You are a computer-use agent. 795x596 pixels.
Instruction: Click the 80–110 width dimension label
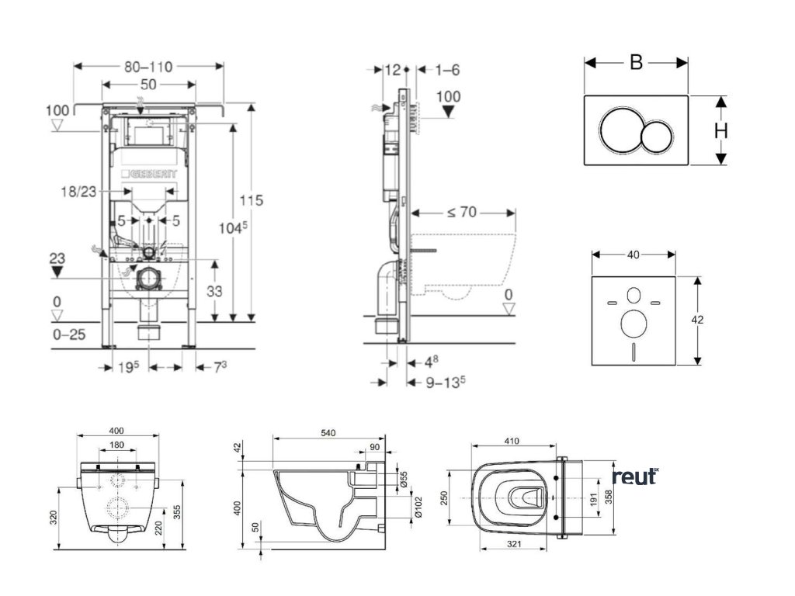(x=148, y=68)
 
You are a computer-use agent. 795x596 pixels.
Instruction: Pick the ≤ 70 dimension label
(x=462, y=211)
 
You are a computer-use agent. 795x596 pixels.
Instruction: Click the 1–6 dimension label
(x=447, y=70)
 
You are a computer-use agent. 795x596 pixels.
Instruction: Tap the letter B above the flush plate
(x=636, y=63)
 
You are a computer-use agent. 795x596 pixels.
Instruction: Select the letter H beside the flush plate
(x=720, y=131)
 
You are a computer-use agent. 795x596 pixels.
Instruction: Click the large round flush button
(x=620, y=130)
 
